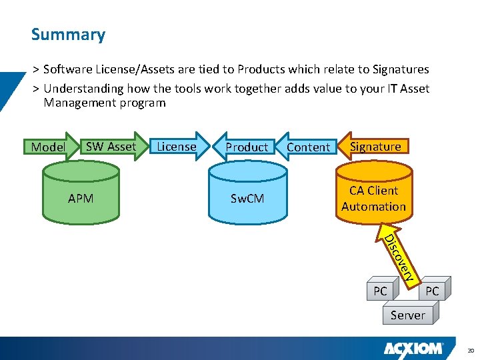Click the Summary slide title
coord(68,35)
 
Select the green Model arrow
coord(48,147)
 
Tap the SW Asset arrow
coord(111,146)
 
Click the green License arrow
coord(177,146)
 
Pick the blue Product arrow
coord(246,147)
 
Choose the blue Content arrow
coord(307,147)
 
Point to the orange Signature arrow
coord(375,146)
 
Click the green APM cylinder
coord(81,198)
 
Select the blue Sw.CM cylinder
coord(247,198)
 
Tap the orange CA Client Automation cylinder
coord(373,198)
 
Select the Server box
coord(407,315)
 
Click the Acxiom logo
coord(413,349)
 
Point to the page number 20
coord(469,350)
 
